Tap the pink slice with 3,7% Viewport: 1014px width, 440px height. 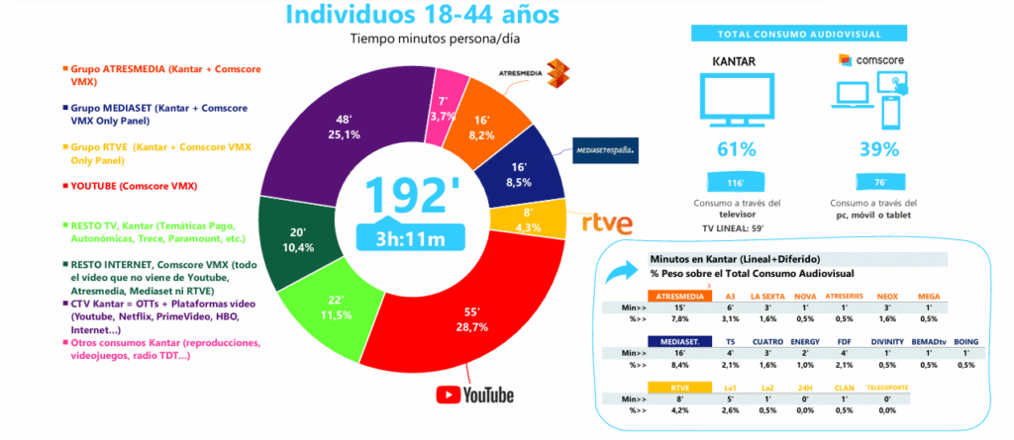click(442, 93)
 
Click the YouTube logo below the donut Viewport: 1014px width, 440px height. click(475, 395)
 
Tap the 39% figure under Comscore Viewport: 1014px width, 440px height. click(878, 149)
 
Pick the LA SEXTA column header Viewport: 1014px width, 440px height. click(768, 296)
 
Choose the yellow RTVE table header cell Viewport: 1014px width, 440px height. click(678, 387)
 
